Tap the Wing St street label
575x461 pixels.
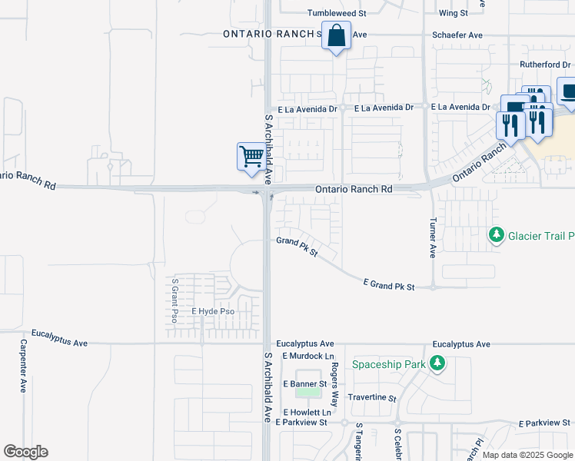pyautogui.click(x=453, y=13)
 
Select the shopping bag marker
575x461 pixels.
pyautogui.click(x=337, y=36)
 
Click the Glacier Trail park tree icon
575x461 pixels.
pyautogui.click(x=497, y=234)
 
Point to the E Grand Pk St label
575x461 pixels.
pyautogui.click(x=389, y=287)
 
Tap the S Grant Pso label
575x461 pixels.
pyautogui.click(x=175, y=300)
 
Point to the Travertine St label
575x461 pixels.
pyautogui.click(x=371, y=399)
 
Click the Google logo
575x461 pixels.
pyautogui.click(x=25, y=452)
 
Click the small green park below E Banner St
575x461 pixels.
pyautogui.click(x=308, y=393)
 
